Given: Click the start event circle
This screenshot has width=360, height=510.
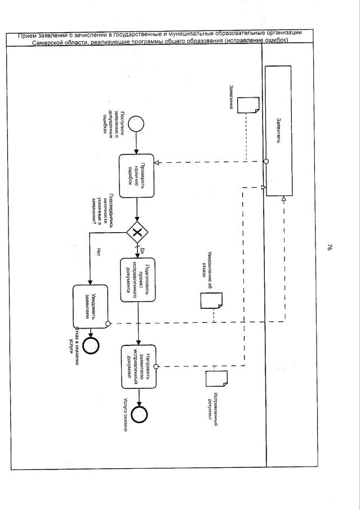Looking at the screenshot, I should pyautogui.click(x=137, y=123).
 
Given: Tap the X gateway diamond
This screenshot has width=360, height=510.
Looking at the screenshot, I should pyautogui.click(x=137, y=232).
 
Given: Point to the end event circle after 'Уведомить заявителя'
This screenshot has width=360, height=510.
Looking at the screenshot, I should pyautogui.click(x=90, y=344).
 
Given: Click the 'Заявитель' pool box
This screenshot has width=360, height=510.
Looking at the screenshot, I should pyautogui.click(x=278, y=131).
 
